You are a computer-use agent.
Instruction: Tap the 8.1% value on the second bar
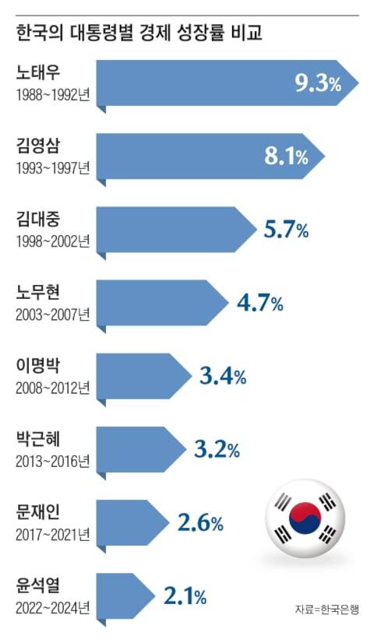point(286,156)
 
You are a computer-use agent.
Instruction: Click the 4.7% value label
point(259,303)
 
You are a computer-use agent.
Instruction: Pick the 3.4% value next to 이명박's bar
point(223,378)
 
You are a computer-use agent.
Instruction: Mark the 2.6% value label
point(200,523)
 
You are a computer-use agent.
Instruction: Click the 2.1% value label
point(185,597)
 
